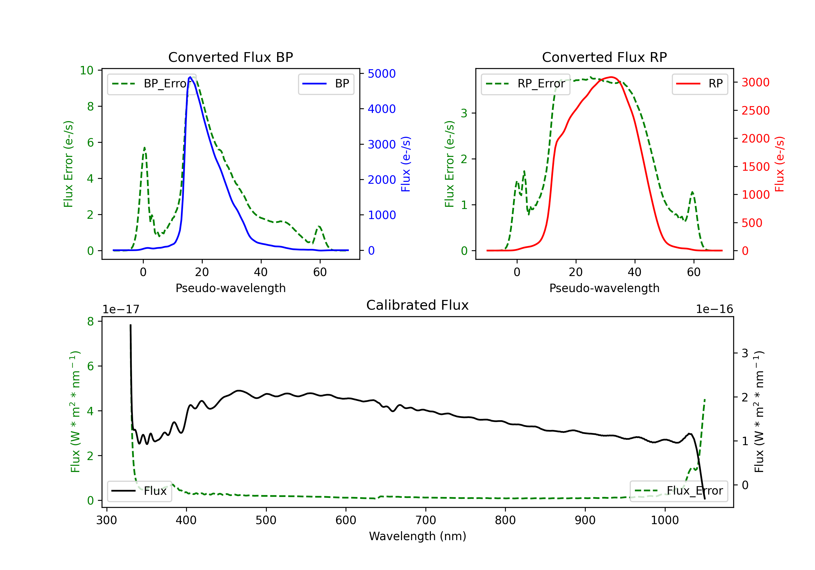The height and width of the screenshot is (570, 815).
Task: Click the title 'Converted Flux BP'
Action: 230,57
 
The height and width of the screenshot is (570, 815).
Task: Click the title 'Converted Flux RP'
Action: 604,57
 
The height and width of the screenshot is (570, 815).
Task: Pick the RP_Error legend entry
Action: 525,84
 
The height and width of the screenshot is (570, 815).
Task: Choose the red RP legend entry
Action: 699,84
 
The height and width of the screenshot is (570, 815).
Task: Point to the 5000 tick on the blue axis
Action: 382,74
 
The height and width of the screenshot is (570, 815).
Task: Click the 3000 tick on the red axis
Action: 755,82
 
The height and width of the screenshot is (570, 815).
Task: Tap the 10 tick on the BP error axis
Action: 87,70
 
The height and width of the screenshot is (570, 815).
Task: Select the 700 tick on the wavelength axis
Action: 426,520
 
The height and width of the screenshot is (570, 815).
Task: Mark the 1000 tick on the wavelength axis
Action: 664,520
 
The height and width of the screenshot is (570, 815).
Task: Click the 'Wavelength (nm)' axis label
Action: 418,536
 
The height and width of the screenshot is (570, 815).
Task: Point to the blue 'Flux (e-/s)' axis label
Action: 406,164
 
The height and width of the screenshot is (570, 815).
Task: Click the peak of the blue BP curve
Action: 190,77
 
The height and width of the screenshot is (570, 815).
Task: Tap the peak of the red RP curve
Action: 611,77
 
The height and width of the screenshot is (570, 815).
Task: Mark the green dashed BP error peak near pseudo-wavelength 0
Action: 145,148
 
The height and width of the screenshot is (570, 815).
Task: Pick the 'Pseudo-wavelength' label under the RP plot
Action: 604,288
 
